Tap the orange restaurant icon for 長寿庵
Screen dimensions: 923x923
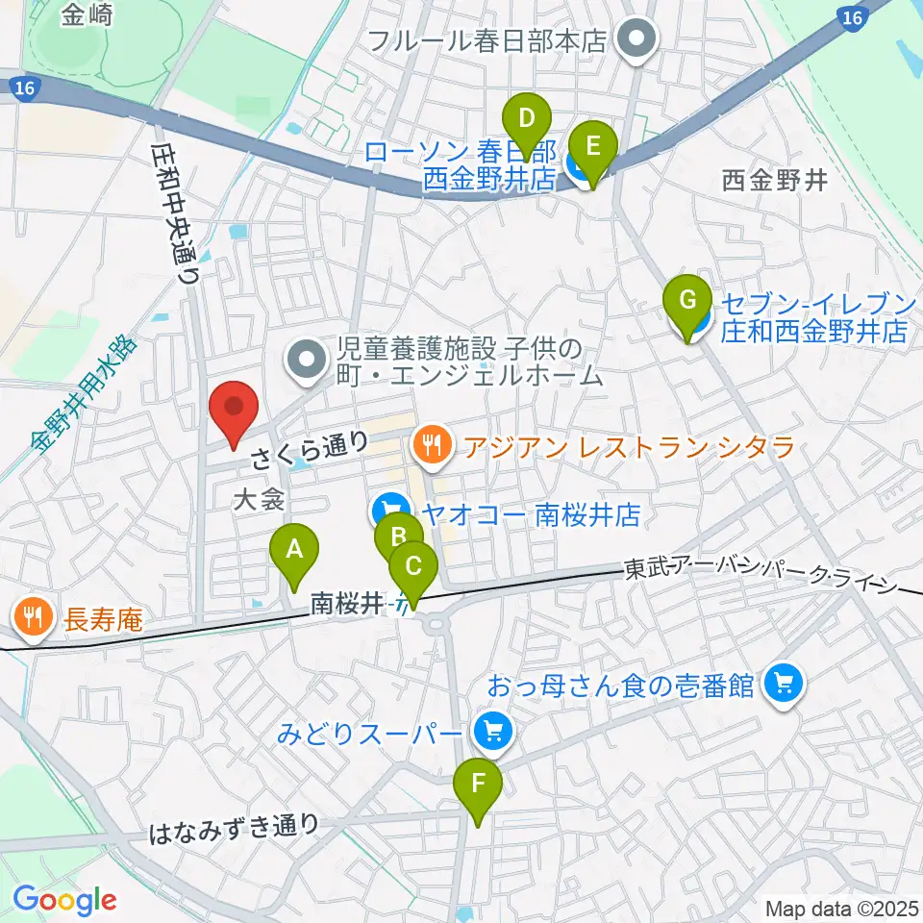tap(34, 616)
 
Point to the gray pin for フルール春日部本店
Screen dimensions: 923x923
tap(636, 39)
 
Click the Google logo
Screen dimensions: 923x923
tap(63, 900)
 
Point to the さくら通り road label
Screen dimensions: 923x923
tap(309, 448)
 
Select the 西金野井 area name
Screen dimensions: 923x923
tap(774, 181)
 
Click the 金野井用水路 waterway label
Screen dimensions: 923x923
tap(83, 395)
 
